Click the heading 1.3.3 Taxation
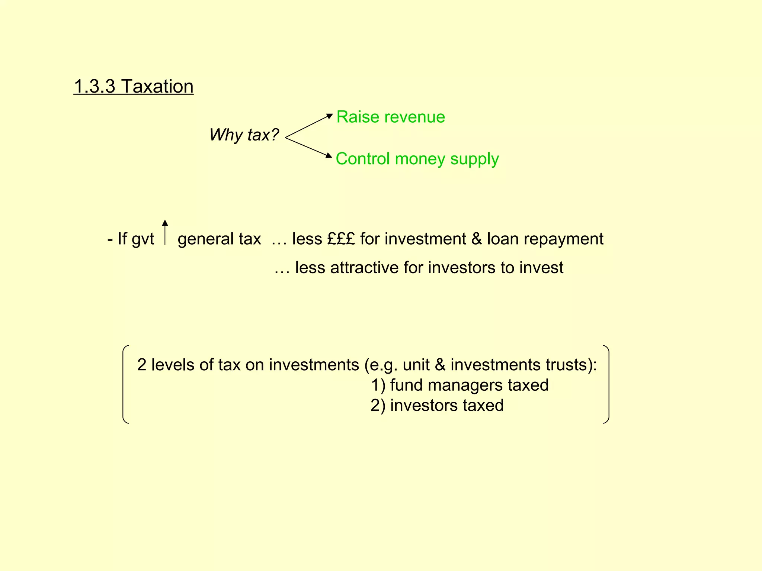point(134,87)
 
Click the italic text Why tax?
point(244,135)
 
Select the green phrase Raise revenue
point(390,117)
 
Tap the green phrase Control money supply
point(417,159)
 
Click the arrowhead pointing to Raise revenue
point(329,116)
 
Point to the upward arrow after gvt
point(165,232)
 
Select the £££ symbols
point(341,239)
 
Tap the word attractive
point(364,268)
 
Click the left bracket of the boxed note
point(125,384)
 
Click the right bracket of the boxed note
point(607,384)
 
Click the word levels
point(173,365)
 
